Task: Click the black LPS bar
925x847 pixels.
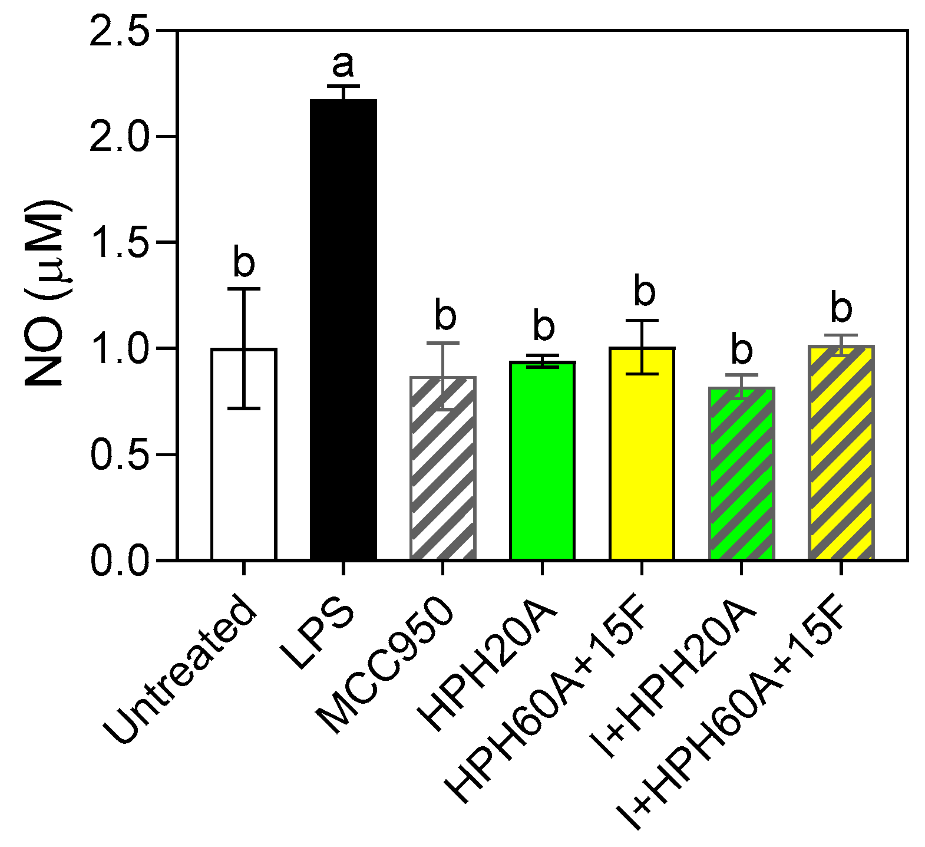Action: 343,330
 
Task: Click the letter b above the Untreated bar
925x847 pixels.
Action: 244,262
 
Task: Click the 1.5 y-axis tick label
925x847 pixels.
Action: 118,242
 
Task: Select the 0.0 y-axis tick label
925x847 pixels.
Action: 118,561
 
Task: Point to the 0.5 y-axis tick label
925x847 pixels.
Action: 118,454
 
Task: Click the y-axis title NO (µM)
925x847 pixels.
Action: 47,295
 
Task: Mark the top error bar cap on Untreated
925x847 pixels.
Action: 244,289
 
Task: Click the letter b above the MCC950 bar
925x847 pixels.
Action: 445,315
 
